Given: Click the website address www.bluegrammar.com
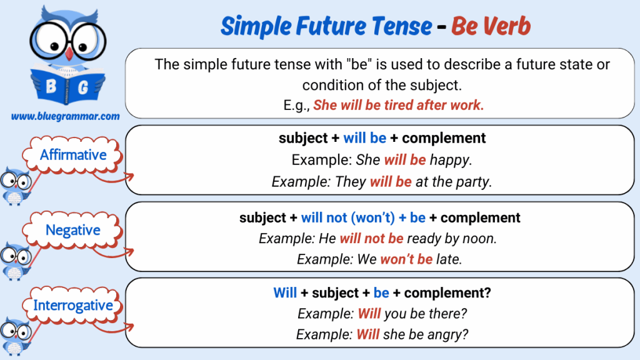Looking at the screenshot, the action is (65, 116).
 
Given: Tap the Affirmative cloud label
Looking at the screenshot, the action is (72, 155).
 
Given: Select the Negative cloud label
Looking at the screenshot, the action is (72, 230).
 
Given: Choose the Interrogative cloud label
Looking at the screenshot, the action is (72, 305).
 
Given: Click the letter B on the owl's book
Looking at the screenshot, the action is (51, 86).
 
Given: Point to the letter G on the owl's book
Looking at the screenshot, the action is (83, 87).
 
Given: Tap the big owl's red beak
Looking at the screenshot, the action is (69, 54).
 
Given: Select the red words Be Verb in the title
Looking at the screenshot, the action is (491, 26).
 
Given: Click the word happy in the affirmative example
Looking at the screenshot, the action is (451, 160).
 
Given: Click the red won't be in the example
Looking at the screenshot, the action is (406, 259).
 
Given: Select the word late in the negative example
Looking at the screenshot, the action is (449, 259).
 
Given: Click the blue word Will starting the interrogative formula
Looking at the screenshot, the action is (285, 292).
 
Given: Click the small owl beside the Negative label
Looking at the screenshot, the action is (16, 261).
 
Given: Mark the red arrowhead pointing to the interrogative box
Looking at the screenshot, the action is (130, 326).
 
